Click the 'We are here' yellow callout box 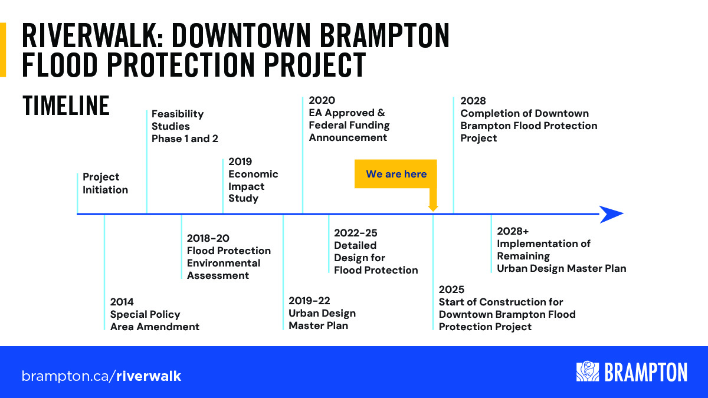click(396, 174)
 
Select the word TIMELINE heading click(66, 106)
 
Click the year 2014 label click(122, 302)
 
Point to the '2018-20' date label click(208, 238)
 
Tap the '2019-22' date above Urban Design click(309, 300)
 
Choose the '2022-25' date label click(356, 233)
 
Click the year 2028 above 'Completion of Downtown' click(473, 101)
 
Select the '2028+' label click(513, 231)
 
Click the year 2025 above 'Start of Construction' click(451, 290)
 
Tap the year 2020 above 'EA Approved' click(322, 100)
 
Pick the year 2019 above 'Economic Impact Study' click(240, 162)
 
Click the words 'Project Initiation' click(105, 183)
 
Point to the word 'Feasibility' click(178, 114)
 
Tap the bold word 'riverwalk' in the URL click(149, 376)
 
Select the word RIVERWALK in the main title click(92, 36)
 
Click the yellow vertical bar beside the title click(3, 50)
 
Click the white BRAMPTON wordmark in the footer click(645, 372)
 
